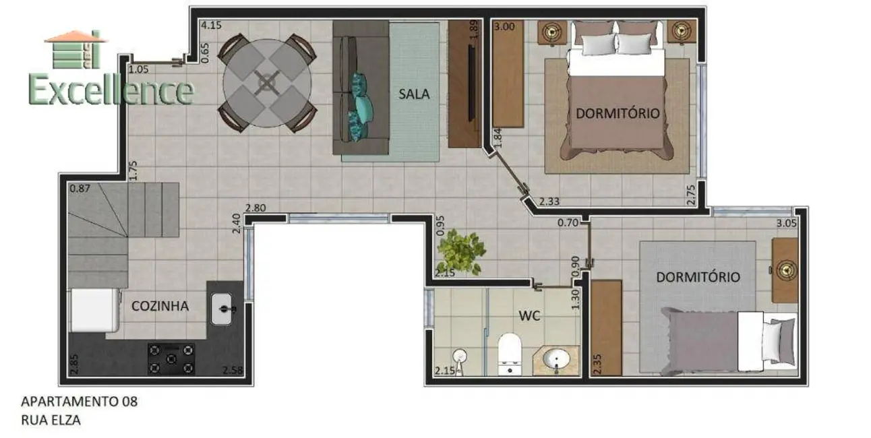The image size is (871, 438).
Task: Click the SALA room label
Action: pyautogui.click(x=414, y=94)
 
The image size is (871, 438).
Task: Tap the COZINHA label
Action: pyautogui.click(x=160, y=306)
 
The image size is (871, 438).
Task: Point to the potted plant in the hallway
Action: pyautogui.click(x=461, y=252)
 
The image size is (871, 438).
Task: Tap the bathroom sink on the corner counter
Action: pyautogui.click(x=558, y=358)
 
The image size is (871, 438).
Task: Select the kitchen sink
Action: pyautogui.click(x=223, y=309)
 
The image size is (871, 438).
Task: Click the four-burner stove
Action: pyautogui.click(x=171, y=358)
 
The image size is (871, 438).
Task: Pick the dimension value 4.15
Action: pyautogui.click(x=211, y=26)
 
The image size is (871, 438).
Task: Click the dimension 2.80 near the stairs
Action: pyautogui.click(x=256, y=208)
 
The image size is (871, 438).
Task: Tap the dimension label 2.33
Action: pyautogui.click(x=550, y=201)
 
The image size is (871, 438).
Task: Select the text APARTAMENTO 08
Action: pyautogui.click(x=80, y=402)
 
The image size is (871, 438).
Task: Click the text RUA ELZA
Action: pyautogui.click(x=51, y=420)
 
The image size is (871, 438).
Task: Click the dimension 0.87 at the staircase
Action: pyautogui.click(x=80, y=188)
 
